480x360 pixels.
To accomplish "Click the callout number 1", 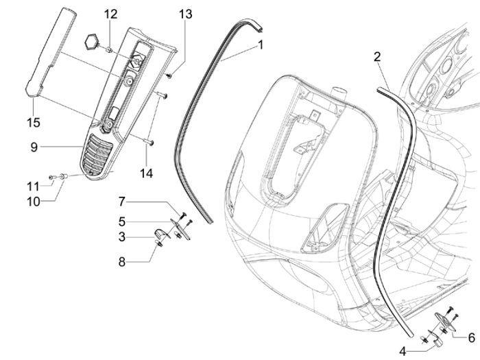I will click(261, 45).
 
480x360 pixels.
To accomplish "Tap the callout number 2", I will click(377, 56).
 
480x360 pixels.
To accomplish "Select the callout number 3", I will click(122, 237).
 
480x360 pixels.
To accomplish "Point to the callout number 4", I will click(403, 350).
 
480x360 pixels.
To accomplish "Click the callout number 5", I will click(122, 221).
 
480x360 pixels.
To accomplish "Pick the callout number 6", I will click(472, 337).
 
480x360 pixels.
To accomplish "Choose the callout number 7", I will click(122, 202).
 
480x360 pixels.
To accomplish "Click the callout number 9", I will click(34, 146).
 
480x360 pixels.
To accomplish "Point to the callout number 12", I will click(111, 14).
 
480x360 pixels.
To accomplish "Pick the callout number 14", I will click(146, 173).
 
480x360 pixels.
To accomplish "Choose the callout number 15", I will click(34, 122).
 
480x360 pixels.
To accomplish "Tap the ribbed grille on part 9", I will click(95, 157).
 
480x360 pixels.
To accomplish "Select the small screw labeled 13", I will click(168, 75).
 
